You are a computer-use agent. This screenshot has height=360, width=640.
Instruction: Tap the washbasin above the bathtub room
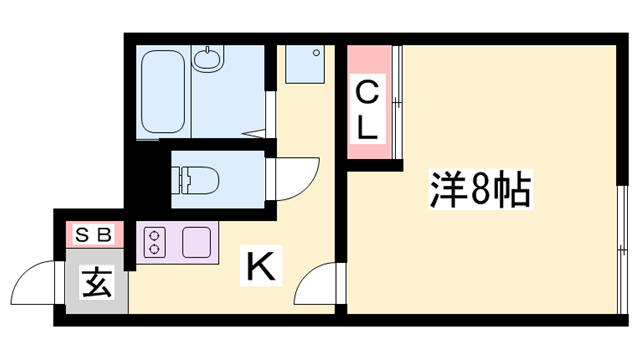coord(209,60)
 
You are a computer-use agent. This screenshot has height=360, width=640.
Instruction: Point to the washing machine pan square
coord(301,64)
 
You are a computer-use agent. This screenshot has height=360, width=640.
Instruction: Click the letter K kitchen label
coord(259,267)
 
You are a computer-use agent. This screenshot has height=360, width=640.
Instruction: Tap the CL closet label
coord(368,111)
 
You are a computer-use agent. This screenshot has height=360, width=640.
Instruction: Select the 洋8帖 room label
coord(479,190)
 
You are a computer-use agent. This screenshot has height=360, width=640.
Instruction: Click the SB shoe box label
coord(91,235)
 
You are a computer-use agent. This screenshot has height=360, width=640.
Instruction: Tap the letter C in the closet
coord(368,96)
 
